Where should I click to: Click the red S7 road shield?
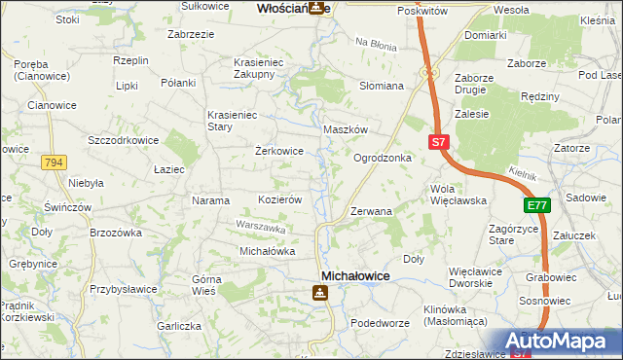(438, 142)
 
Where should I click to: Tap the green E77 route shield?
(536, 205)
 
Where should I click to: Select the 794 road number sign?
(54, 163)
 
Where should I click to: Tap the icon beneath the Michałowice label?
(320, 292)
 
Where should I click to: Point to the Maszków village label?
(345, 129)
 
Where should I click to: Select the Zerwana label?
(371, 211)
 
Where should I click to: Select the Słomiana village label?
(382, 86)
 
